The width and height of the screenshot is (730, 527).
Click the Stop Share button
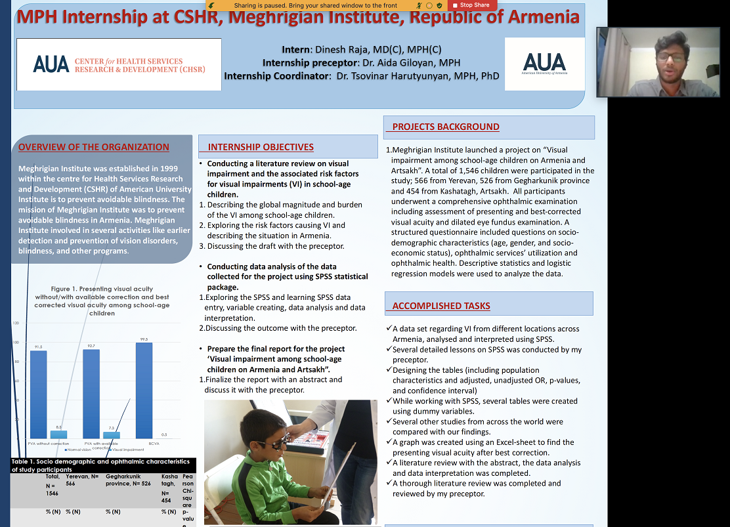(470, 5)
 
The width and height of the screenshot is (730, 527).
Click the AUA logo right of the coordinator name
(544, 64)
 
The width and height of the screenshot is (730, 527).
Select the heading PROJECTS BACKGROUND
(446, 127)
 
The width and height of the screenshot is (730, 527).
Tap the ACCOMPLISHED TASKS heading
(441, 306)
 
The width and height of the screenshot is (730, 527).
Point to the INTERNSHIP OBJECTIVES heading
(261, 147)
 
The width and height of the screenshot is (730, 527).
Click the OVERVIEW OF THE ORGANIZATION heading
(94, 147)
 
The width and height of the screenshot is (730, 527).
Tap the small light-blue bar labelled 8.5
(58, 434)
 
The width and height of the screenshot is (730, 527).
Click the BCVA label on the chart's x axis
(154, 444)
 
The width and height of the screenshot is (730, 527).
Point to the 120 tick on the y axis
(15, 324)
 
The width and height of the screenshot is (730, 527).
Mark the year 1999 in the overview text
(162, 168)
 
